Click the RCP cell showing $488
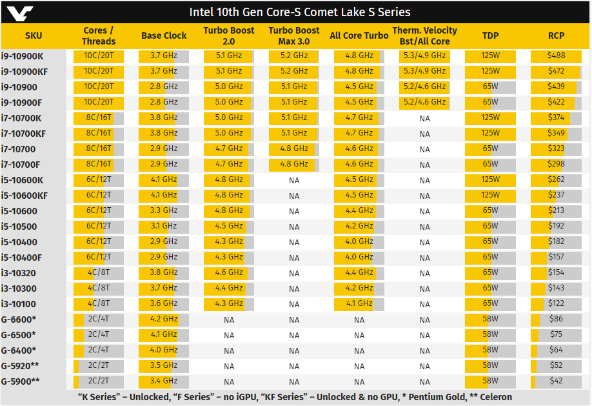(x=556, y=56)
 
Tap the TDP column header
(x=490, y=36)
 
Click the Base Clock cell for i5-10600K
(x=164, y=179)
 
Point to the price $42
(x=556, y=381)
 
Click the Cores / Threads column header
(x=99, y=36)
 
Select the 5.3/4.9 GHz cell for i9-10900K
(x=424, y=56)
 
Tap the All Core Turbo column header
(x=359, y=36)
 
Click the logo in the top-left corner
(x=17, y=12)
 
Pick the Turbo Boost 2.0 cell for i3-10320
(x=229, y=272)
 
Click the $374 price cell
(x=556, y=117)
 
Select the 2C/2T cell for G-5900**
(x=99, y=381)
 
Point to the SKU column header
(x=34, y=36)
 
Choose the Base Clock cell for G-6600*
(x=164, y=319)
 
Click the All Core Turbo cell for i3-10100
(x=359, y=303)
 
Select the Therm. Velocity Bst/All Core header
(x=424, y=36)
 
